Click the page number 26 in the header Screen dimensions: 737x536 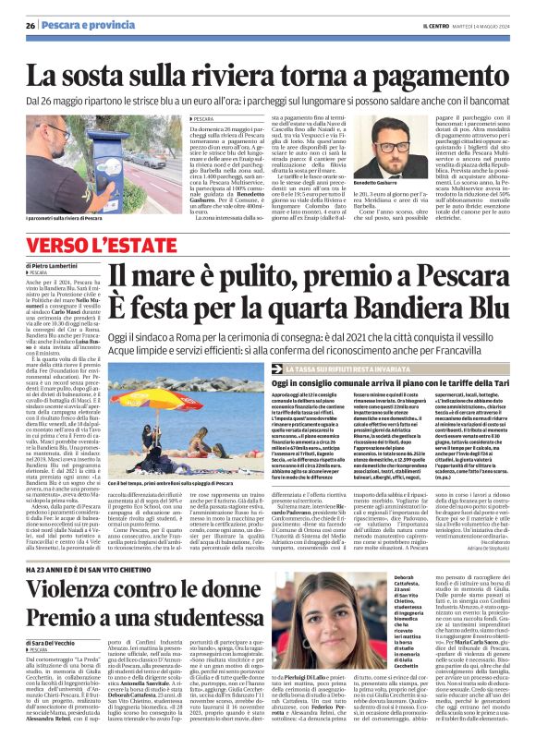pyautogui.click(x=30, y=25)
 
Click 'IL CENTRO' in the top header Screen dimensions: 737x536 pyautogui.click(x=408, y=25)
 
